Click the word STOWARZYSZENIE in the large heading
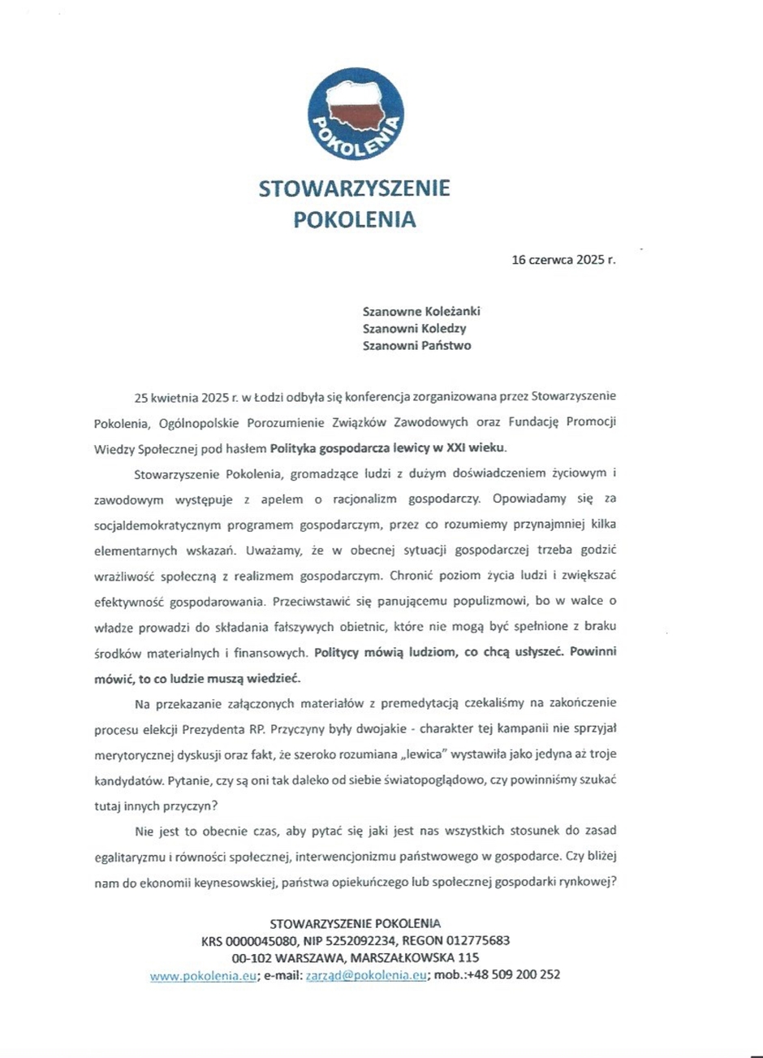(354, 189)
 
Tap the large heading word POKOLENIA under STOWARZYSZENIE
(354, 218)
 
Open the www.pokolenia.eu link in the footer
(203, 976)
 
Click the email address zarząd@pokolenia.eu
(365, 976)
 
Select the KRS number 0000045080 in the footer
(261, 941)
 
